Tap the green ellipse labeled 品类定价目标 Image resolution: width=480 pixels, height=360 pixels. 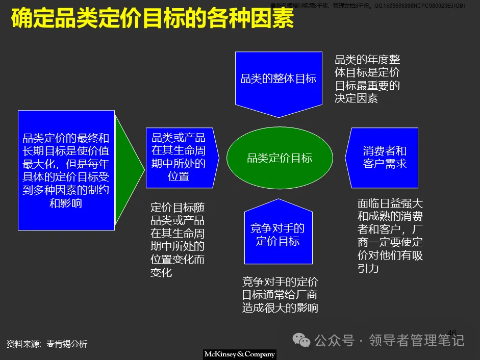pyautogui.click(x=280, y=158)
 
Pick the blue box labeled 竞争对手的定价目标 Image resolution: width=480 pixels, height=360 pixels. pyautogui.click(x=278, y=235)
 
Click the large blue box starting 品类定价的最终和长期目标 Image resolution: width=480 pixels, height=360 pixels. pyautogui.click(x=66, y=170)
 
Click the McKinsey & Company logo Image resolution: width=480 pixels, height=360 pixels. pyautogui.click(x=239, y=354)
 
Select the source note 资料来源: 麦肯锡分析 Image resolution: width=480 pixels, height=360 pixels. pyautogui.click(x=47, y=344)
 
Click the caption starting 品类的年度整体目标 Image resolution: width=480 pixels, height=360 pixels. pyautogui.click(x=367, y=79)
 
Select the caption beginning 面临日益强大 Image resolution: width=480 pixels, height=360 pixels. pyautogui.click(x=390, y=236)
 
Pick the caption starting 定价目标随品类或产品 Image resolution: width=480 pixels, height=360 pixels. pyautogui.click(x=178, y=240)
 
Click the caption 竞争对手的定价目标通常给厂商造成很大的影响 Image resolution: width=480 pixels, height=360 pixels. pyautogui.click(x=280, y=295)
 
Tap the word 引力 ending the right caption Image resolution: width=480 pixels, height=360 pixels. pyautogui.click(x=368, y=268)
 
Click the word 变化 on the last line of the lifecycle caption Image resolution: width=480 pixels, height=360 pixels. pyautogui.click(x=161, y=272)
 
